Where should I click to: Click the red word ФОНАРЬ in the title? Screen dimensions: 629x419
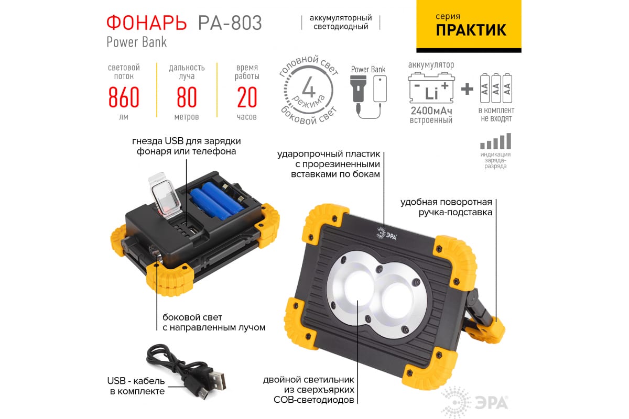[147, 23]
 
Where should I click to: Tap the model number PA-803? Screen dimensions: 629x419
[230, 23]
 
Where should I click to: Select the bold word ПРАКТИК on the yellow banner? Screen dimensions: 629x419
[471, 30]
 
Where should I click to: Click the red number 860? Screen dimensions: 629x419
[124, 97]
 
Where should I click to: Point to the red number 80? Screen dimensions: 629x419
[187, 97]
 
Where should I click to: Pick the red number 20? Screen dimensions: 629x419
[247, 97]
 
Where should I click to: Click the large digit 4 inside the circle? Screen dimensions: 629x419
[309, 87]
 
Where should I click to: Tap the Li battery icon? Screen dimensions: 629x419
[431, 87]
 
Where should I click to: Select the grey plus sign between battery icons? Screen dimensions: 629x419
[467, 89]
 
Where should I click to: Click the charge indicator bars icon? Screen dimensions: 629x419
[496, 141]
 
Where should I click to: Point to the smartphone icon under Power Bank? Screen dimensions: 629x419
[380, 89]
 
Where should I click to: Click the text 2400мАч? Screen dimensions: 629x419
[431, 111]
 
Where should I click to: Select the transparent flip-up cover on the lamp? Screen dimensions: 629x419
[165, 195]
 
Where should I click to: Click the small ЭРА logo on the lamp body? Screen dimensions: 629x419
[387, 234]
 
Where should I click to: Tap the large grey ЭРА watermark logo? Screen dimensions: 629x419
[474, 402]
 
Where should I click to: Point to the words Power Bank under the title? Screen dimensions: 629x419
[137, 42]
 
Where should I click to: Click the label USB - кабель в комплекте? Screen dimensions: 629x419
[136, 386]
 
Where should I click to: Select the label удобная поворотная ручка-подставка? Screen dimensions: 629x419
[446, 207]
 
